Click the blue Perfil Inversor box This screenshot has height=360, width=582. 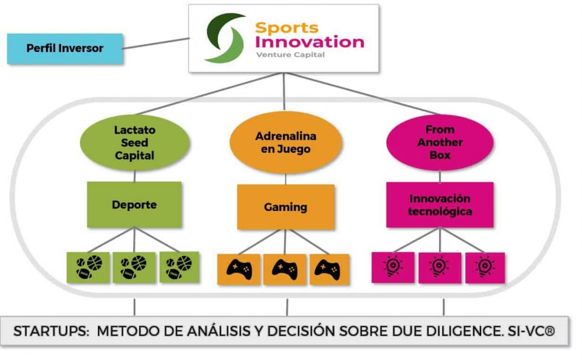pos(65,48)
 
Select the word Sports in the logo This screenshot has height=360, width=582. pos(287,27)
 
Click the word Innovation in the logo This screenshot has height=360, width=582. pos(310,42)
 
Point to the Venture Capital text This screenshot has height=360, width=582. pos(290,55)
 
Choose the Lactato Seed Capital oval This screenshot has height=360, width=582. pos(135,143)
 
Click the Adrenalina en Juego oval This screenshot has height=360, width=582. pos(286,143)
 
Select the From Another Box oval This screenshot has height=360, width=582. pos(440,142)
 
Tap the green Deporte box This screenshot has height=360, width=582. pos(134,205)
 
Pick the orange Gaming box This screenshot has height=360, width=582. pos(285,207)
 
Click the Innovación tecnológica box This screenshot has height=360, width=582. pos(440,205)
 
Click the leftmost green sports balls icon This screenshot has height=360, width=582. pos(88,268)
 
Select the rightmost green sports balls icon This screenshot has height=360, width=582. pos(180,268)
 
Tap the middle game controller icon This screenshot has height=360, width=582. pos(285,270)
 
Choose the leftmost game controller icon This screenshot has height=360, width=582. pos(239,270)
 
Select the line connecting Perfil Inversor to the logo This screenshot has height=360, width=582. pos(155,44)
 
